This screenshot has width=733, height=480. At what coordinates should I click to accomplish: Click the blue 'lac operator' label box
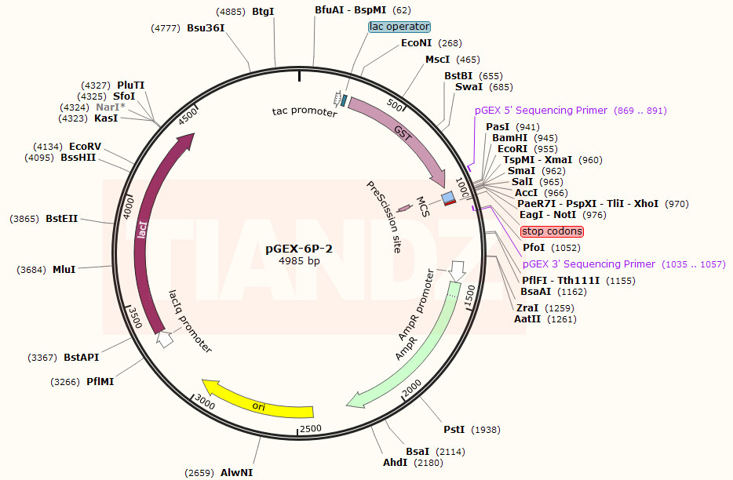click(x=399, y=27)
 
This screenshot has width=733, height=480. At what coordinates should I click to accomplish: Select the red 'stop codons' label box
click(x=552, y=231)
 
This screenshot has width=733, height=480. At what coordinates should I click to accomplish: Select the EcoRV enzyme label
click(x=85, y=146)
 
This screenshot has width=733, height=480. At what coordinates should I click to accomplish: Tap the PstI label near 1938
click(x=454, y=430)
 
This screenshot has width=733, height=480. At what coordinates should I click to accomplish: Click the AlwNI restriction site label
click(x=236, y=472)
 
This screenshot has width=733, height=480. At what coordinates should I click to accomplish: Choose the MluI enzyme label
click(x=64, y=270)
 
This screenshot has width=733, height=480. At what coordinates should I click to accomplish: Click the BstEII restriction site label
click(x=61, y=219)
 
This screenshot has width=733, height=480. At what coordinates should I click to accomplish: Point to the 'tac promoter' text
click(x=305, y=111)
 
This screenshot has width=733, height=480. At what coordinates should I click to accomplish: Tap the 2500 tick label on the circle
click(x=311, y=428)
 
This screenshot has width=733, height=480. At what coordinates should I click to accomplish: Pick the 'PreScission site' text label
click(x=384, y=216)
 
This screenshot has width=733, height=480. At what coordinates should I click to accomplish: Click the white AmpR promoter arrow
click(x=457, y=271)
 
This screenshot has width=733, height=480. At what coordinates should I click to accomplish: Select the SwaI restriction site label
click(x=469, y=87)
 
